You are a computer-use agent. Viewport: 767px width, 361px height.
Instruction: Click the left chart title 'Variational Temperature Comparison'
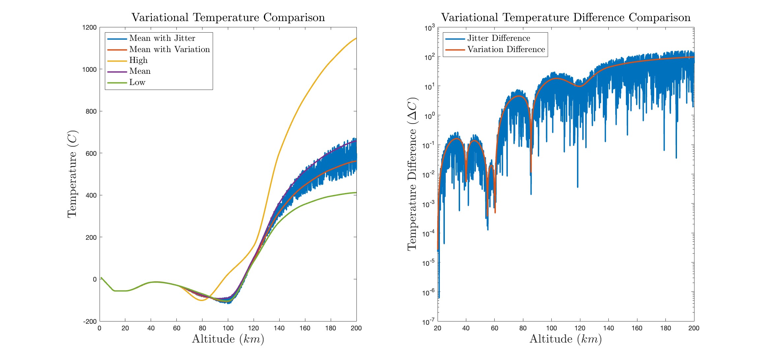point(228,17)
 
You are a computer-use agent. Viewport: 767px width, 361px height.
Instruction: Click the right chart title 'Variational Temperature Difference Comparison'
point(566,17)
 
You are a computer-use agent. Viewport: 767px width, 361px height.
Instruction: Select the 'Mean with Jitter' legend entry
point(162,38)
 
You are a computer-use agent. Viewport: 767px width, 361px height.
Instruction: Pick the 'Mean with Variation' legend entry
point(169,49)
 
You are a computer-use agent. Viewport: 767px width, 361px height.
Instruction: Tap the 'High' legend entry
point(138,60)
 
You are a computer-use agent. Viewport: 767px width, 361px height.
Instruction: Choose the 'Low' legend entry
point(137,82)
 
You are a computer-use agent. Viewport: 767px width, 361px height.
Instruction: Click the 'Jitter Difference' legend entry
point(498,38)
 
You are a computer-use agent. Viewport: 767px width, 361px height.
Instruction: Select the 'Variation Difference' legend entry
point(506,49)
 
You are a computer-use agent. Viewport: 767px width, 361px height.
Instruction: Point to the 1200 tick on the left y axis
point(89,27)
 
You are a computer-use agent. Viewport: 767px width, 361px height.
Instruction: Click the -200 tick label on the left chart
point(90,321)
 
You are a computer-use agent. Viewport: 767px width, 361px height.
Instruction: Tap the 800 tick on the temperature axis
point(91,111)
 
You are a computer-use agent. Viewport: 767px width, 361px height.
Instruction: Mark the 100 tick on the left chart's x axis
point(228,328)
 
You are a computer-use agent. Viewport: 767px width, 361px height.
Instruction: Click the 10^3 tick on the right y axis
point(429,28)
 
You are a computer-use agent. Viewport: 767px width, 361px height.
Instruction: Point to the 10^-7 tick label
point(429,322)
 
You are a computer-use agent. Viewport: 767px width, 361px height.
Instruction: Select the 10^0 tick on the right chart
point(429,116)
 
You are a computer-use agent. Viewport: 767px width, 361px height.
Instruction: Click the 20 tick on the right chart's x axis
point(438,328)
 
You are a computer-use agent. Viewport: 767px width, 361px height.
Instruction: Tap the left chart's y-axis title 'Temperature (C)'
point(72,174)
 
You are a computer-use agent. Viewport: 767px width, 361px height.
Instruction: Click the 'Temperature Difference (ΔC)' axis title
point(412,174)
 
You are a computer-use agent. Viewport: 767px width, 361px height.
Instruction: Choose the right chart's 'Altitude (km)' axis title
point(566,339)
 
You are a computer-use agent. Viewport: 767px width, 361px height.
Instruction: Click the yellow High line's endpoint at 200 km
point(356,39)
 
